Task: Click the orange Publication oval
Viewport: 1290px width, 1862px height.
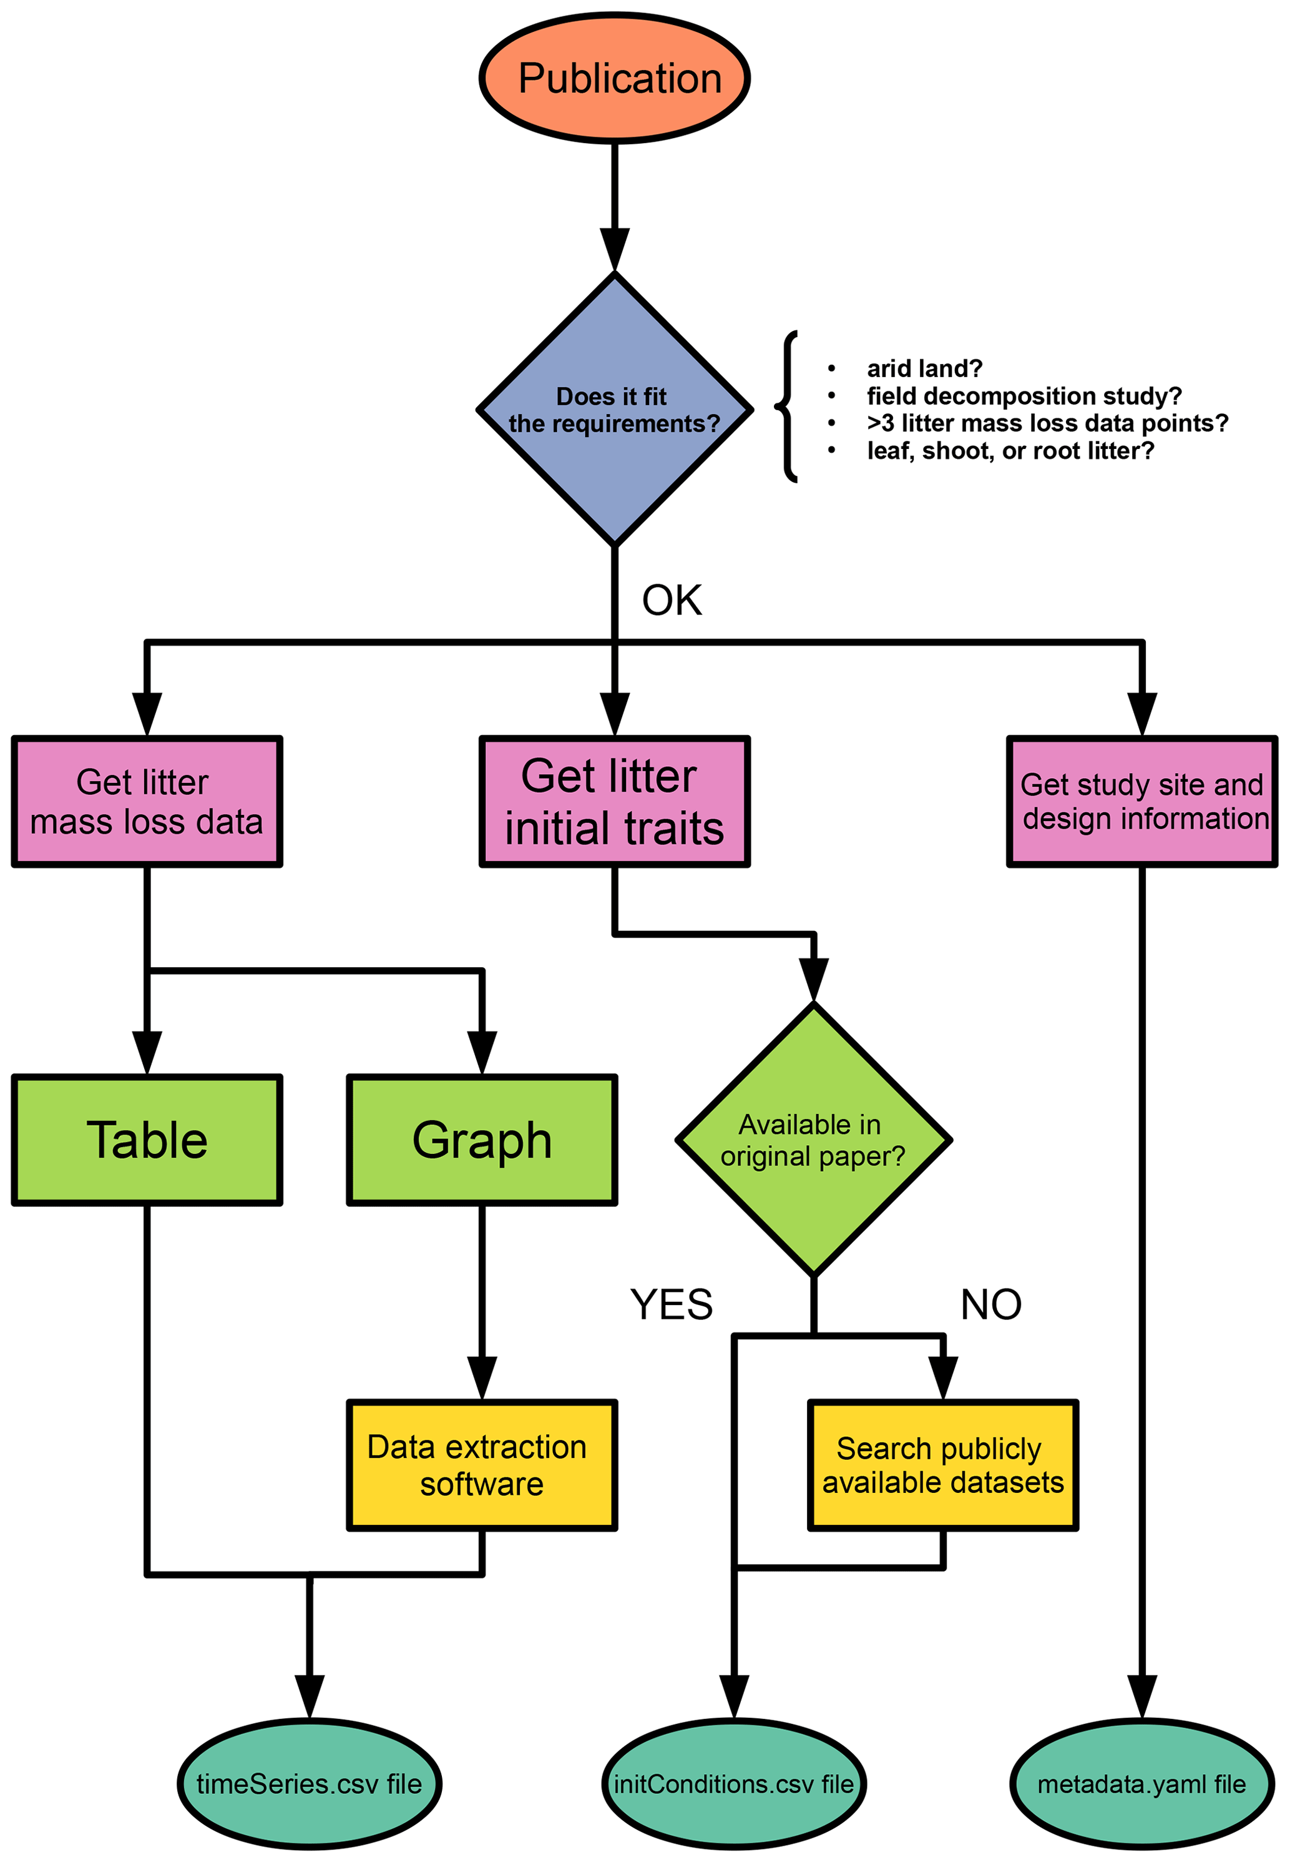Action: (x=614, y=79)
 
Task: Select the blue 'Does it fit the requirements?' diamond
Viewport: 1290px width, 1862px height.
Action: (x=614, y=410)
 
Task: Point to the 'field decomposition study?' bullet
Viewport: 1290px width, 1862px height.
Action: (x=1024, y=396)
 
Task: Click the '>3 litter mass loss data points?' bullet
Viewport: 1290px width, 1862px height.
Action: (x=1047, y=423)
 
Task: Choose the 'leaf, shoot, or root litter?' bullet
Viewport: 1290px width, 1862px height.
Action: (x=1010, y=450)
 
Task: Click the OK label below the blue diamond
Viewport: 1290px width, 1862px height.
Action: (x=672, y=600)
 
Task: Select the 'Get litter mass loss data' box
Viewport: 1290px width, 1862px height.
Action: (x=147, y=801)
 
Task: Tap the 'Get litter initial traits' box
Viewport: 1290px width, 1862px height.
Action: (x=614, y=801)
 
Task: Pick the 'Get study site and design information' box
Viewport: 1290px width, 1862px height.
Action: (x=1141, y=801)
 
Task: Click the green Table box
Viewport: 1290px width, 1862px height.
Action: (x=147, y=1140)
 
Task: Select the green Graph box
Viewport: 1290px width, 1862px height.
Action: (x=482, y=1140)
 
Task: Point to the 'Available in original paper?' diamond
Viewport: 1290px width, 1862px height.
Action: (x=813, y=1140)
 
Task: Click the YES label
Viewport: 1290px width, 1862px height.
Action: (x=671, y=1304)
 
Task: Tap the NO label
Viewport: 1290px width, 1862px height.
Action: (x=990, y=1304)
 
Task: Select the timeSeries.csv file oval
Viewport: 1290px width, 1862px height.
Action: (x=310, y=1783)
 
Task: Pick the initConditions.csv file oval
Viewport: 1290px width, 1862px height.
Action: (x=734, y=1783)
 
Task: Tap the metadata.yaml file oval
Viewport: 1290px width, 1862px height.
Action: (x=1141, y=1783)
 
